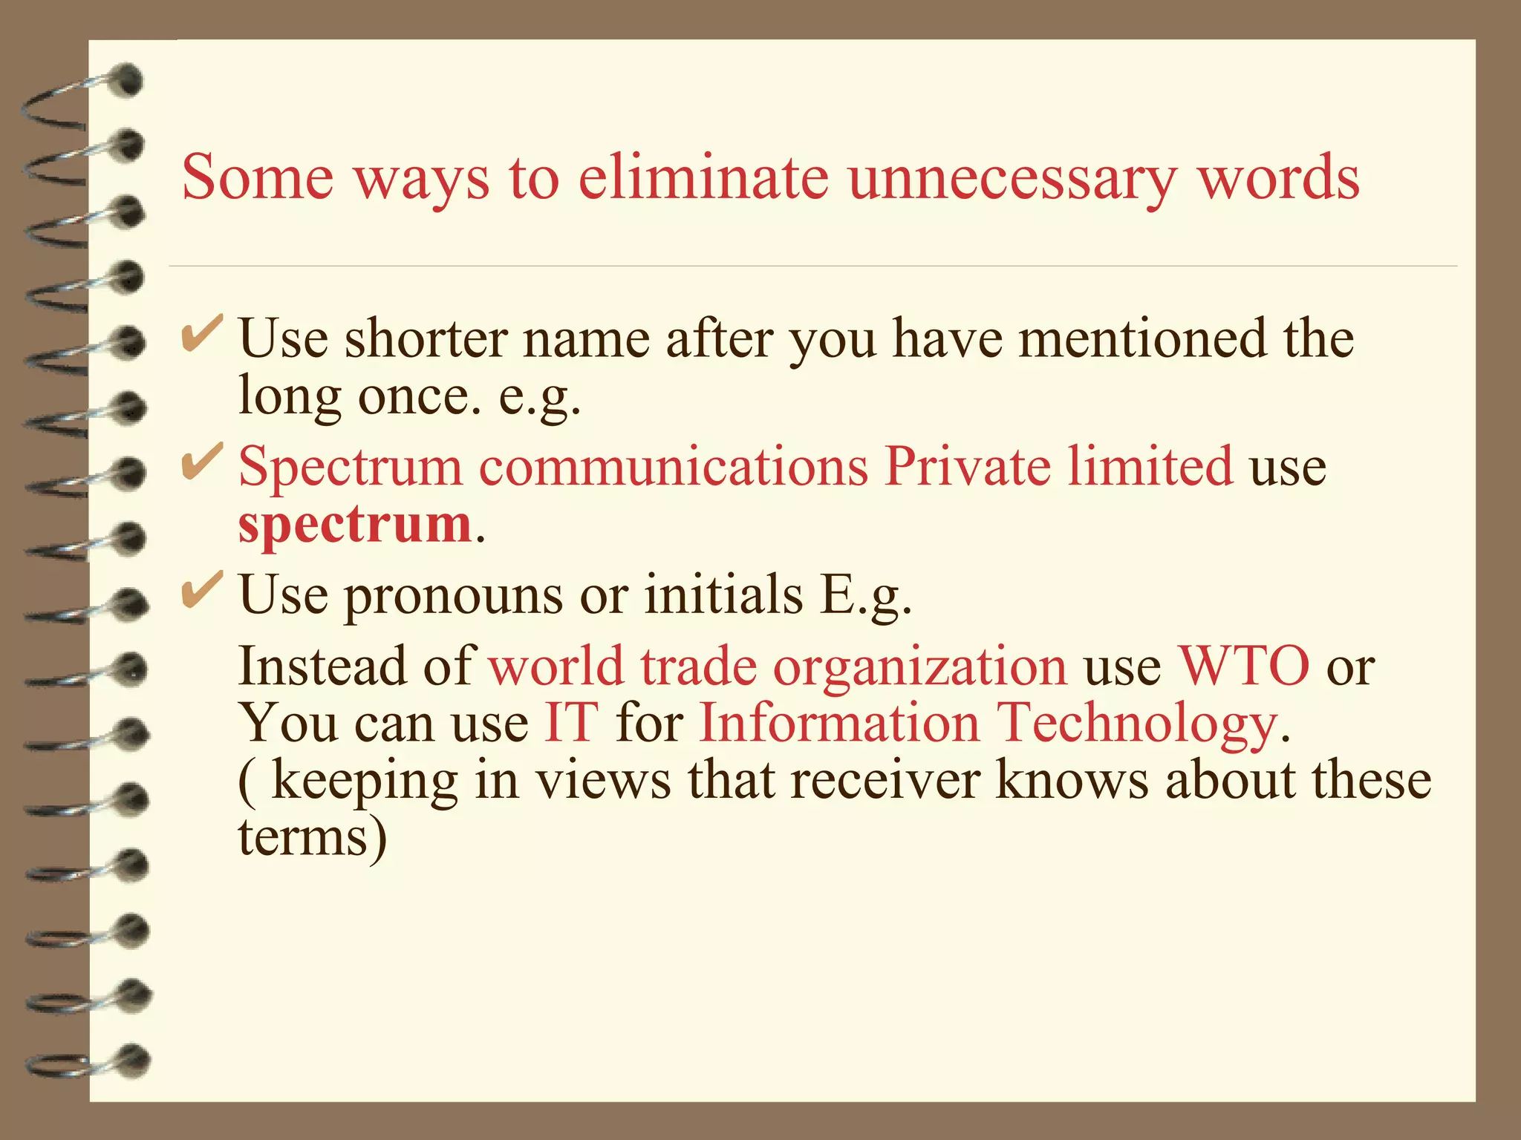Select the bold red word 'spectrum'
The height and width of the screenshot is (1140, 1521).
[x=355, y=524]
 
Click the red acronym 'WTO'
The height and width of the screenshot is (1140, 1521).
[x=1244, y=665]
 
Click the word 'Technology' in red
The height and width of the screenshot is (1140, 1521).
[x=1136, y=723]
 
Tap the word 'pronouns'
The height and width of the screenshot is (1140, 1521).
[x=453, y=595]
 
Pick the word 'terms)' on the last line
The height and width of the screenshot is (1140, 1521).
[x=312, y=836]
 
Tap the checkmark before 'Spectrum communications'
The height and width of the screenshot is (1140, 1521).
[x=201, y=462]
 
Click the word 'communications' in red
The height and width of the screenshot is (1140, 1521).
[x=673, y=466]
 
